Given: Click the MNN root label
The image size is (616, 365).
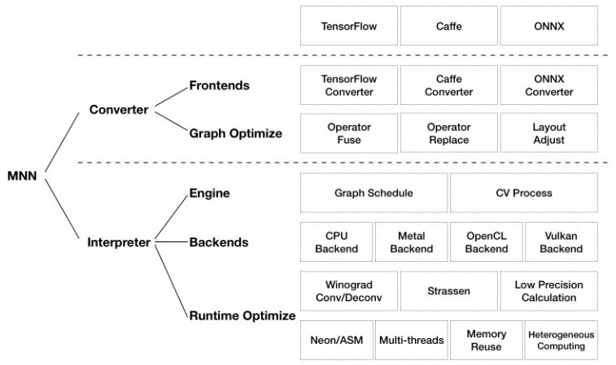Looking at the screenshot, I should (23, 174).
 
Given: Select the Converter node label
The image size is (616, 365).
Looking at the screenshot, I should (118, 110).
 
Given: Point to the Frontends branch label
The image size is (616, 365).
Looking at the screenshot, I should (220, 85).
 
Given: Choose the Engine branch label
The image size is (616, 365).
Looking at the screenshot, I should (209, 193).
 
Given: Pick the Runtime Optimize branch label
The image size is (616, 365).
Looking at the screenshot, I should (242, 315).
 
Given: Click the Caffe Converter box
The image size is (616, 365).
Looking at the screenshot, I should (448, 85).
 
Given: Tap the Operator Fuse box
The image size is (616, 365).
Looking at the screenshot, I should (348, 134).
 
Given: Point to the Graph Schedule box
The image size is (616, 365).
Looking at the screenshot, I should (374, 193).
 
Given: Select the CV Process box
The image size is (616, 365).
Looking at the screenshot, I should (523, 193).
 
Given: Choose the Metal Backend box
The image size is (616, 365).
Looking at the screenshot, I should (411, 242).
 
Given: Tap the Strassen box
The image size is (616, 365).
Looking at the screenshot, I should (448, 291).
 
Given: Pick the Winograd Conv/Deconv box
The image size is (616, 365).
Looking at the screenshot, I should (348, 291).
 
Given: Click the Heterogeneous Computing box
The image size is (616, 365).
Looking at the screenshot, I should (561, 340).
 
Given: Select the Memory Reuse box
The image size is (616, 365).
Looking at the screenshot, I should (486, 340).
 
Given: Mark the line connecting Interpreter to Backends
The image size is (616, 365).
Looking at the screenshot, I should (172, 242).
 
